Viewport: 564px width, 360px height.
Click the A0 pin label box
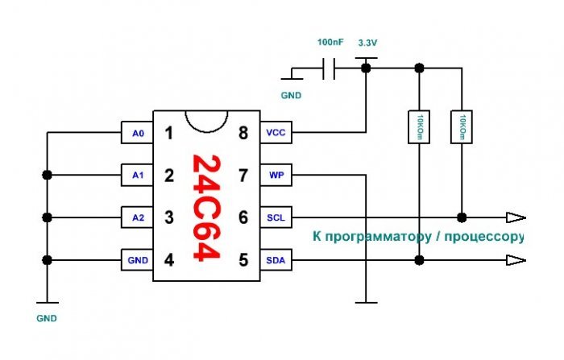tap(137, 133)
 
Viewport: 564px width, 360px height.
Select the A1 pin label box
tap(137, 175)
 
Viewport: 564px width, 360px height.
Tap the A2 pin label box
tap(137, 217)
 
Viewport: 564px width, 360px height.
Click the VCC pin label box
tap(276, 133)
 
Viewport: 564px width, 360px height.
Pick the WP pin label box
tap(276, 175)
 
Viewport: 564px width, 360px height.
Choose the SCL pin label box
tap(276, 217)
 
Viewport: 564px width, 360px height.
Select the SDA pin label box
tap(276, 260)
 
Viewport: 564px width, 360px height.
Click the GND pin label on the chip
tap(137, 260)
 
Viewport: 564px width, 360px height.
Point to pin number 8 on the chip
tap(243, 133)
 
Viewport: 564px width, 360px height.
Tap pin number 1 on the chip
tap(168, 133)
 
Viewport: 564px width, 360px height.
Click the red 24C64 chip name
tap(206, 208)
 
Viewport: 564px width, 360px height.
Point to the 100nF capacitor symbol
tap(329, 68)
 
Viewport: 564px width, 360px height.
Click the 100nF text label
tap(330, 43)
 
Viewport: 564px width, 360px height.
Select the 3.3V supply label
tap(367, 43)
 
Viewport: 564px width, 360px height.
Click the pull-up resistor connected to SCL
tap(462, 127)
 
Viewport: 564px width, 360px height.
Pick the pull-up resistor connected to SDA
tap(419, 127)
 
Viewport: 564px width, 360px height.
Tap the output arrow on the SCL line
tap(516, 217)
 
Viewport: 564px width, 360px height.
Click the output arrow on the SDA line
tap(516, 260)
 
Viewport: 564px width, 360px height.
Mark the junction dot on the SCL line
tap(462, 217)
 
